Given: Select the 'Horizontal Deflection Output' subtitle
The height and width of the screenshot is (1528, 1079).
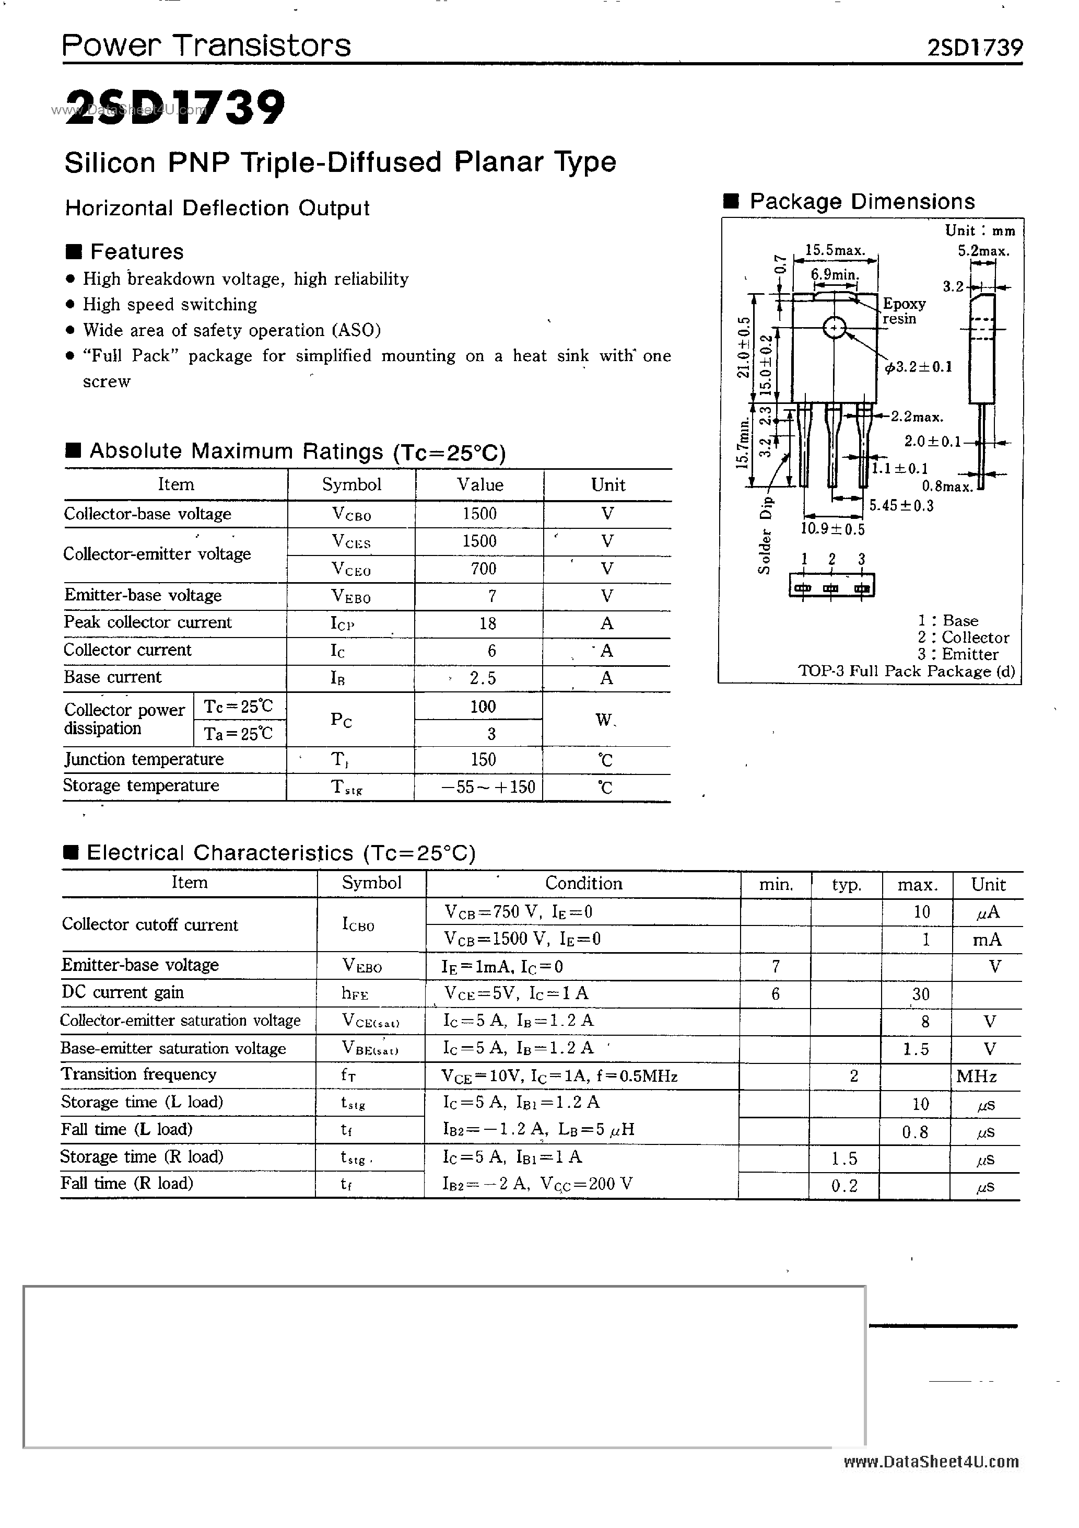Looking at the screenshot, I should pyautogui.click(x=217, y=209).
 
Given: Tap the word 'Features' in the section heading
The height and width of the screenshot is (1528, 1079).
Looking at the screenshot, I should pyautogui.click(x=136, y=251).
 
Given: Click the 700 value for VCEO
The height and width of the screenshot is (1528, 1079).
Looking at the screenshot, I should pyautogui.click(x=483, y=569).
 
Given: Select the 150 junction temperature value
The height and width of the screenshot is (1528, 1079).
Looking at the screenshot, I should pyautogui.click(x=483, y=759).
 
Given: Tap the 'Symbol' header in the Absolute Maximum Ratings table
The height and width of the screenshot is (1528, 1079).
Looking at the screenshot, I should pyautogui.click(x=351, y=484).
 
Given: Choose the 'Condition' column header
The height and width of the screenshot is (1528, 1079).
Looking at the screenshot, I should pyautogui.click(x=583, y=883).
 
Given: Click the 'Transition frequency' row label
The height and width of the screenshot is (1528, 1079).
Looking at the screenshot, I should pyautogui.click(x=138, y=1074).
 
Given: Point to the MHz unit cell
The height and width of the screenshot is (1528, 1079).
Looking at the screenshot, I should pyautogui.click(x=976, y=1076).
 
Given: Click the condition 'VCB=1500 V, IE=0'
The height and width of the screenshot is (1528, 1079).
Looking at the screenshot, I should pyautogui.click(x=522, y=939).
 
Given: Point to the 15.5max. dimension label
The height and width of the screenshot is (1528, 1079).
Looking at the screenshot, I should pyautogui.click(x=835, y=250).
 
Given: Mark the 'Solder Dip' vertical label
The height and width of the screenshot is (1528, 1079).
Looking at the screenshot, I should pyautogui.click(x=766, y=535).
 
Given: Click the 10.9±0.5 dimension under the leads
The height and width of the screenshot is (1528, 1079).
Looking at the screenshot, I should pyautogui.click(x=832, y=529).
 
